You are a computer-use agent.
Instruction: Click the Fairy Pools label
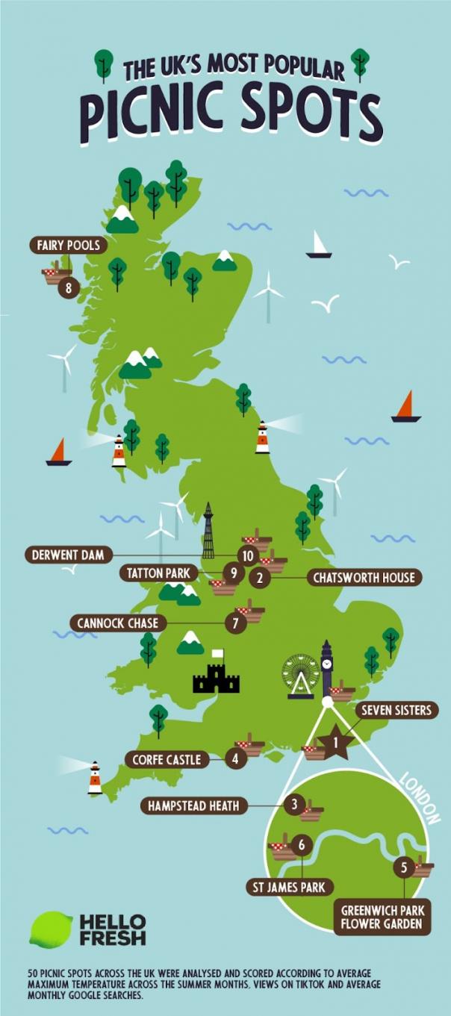click(x=68, y=245)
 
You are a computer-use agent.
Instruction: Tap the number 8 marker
click(x=69, y=287)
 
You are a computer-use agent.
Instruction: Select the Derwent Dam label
click(x=68, y=555)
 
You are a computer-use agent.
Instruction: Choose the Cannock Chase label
click(x=119, y=623)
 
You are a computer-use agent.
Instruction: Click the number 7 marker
click(x=235, y=623)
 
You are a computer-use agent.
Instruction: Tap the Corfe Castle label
click(x=167, y=760)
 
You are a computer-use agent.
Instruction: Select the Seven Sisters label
click(x=396, y=710)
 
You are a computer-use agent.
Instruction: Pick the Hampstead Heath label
click(x=193, y=805)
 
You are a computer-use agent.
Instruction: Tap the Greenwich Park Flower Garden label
click(x=382, y=917)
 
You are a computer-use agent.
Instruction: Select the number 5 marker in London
click(x=404, y=867)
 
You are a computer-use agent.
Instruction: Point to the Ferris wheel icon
click(x=300, y=676)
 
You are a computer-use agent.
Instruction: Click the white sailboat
click(x=319, y=246)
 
